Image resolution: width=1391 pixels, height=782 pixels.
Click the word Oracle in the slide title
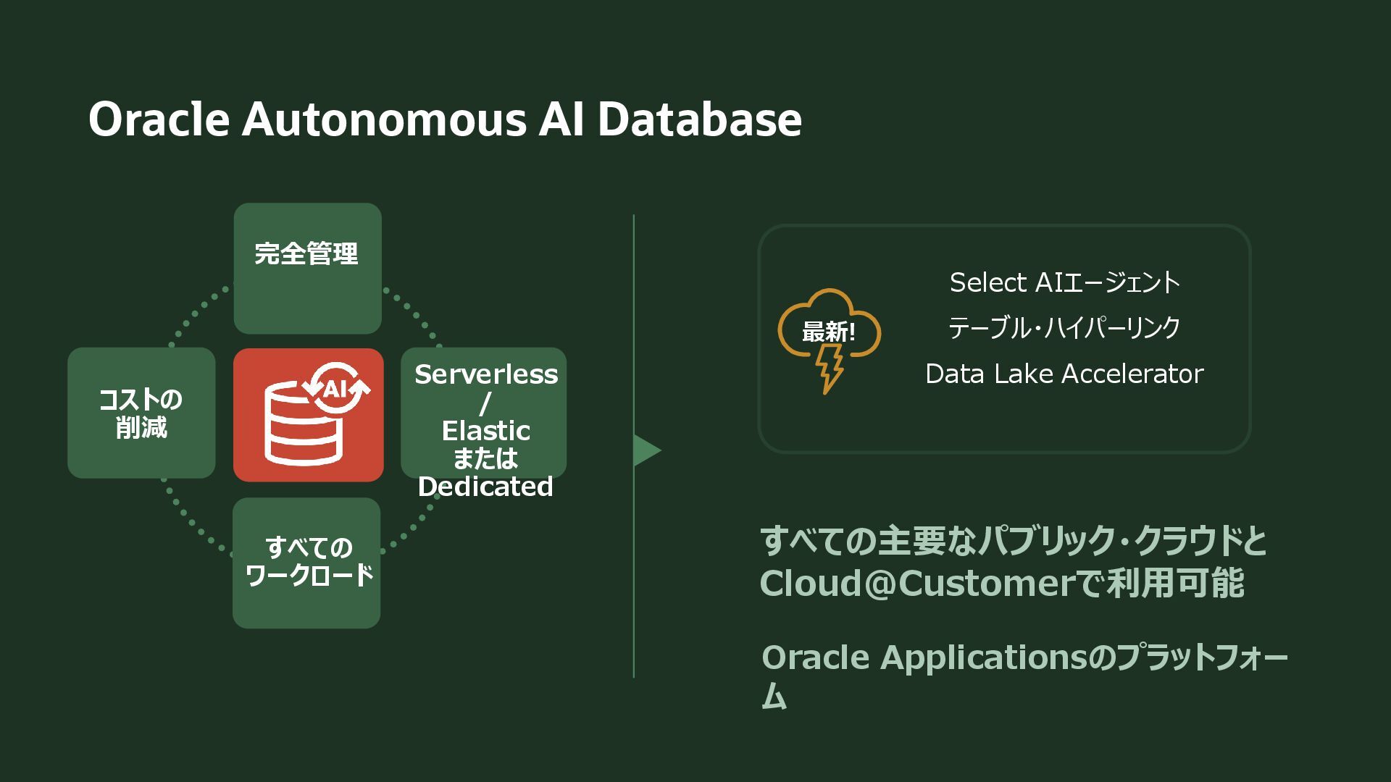click(x=159, y=119)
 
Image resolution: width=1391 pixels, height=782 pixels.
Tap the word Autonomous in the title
click(x=384, y=119)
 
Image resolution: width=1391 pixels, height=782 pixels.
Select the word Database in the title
click(x=699, y=119)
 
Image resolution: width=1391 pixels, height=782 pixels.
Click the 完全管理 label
click(x=306, y=254)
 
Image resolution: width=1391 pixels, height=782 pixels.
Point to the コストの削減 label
click(x=141, y=413)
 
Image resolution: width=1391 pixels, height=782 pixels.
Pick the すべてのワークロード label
click(x=309, y=561)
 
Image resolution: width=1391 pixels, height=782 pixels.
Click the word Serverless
click(x=486, y=374)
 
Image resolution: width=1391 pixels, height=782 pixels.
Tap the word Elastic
click(x=486, y=431)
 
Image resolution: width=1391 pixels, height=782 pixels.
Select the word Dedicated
click(x=485, y=487)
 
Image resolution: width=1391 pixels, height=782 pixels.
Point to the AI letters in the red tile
click(x=335, y=390)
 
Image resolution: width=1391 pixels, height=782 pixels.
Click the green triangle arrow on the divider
click(x=646, y=450)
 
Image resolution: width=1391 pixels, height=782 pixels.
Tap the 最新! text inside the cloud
click(x=828, y=332)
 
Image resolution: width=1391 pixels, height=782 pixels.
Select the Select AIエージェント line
click(x=1064, y=282)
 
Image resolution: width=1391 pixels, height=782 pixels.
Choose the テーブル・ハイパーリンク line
click(x=1064, y=328)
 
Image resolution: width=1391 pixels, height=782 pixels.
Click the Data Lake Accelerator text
click(x=1064, y=374)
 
